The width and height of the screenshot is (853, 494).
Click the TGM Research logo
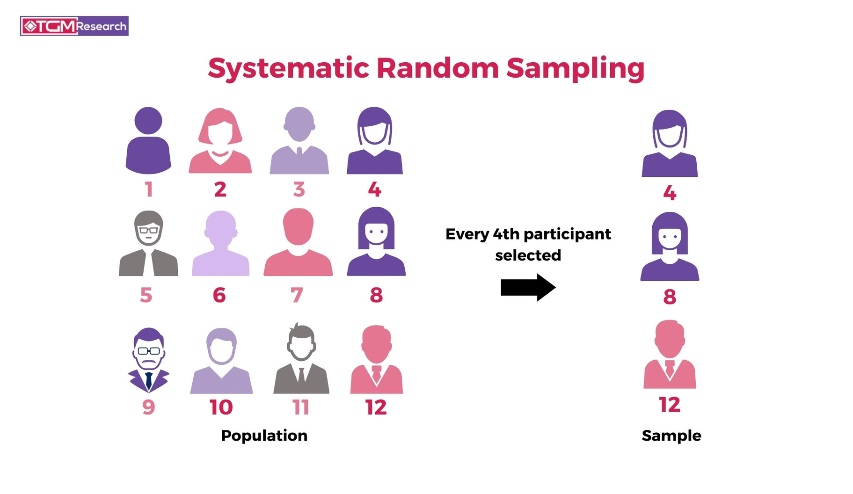[74, 26]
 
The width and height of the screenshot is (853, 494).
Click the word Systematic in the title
[288, 68]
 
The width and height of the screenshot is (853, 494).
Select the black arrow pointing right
[528, 287]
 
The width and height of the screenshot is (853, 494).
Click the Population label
[264, 436]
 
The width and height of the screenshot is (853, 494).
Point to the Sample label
[671, 436]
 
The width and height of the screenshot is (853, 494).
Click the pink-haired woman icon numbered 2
[220, 141]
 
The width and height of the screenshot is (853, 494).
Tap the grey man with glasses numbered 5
[148, 243]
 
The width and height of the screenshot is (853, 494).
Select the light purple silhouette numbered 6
[220, 244]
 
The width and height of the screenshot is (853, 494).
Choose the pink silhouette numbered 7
[298, 243]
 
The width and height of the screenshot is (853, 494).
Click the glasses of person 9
[149, 351]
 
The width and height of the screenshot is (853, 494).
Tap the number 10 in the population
[221, 407]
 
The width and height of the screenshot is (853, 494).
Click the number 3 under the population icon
[299, 189]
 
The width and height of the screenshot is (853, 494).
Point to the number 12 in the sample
[669, 405]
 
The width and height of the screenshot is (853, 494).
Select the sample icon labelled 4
[669, 144]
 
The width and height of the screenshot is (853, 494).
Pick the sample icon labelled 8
[670, 247]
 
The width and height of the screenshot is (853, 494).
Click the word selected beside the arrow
[528, 255]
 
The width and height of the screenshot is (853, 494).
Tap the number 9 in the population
[148, 407]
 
